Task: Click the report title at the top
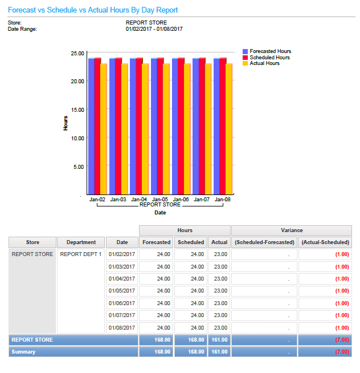93,10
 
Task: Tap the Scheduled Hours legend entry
269,58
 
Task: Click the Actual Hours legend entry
264,63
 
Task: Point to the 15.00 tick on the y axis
77,110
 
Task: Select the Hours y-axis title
66,123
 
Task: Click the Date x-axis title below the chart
160,213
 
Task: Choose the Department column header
81,242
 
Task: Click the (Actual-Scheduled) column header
325,242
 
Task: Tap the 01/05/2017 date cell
122,291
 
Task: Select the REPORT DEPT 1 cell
81,254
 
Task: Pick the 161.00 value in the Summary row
219,352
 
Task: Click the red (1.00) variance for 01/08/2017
342,327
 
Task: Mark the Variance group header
291,230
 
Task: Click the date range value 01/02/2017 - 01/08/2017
154,29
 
